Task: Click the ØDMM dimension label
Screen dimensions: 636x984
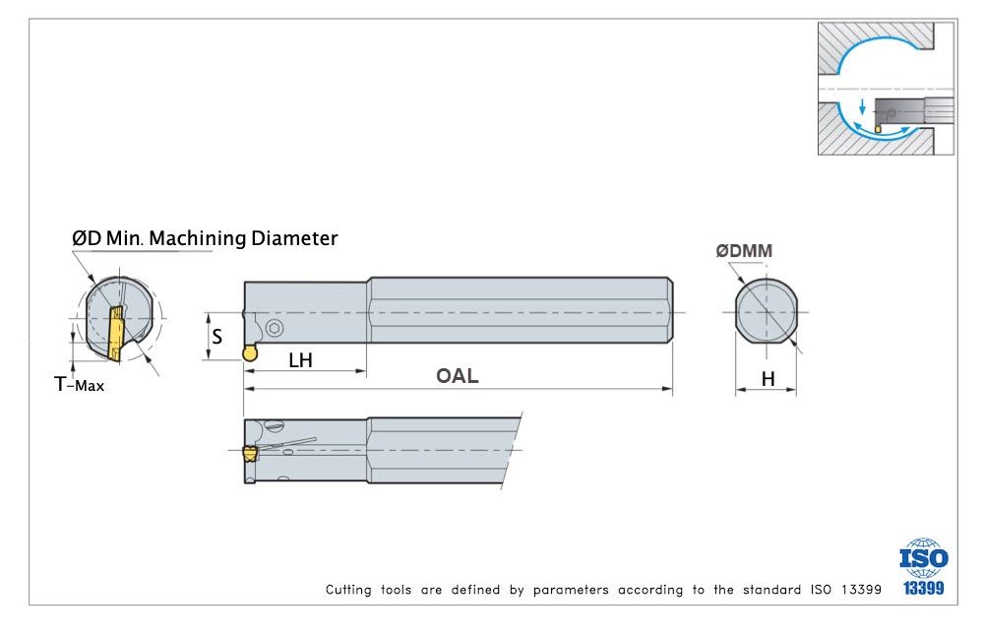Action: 744,251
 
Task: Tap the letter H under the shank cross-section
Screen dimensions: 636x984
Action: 768,378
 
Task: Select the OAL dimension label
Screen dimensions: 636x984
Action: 457,376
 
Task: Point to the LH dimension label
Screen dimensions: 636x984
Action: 300,360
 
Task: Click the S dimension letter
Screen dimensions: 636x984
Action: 217,336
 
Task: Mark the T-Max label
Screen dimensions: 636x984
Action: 79,385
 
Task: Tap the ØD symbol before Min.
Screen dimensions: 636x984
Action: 86,238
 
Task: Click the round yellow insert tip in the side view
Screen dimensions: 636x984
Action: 250,352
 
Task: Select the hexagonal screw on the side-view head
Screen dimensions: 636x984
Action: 274,328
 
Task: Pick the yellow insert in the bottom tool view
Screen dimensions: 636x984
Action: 249,454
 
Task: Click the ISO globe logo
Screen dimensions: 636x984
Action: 924,558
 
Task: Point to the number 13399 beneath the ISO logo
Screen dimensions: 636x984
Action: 923,589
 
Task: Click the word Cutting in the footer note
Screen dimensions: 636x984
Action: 349,590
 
